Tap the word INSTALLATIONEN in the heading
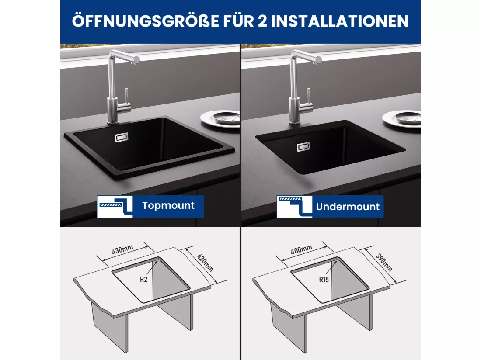pyautogui.click(x=340, y=21)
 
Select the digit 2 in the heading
pyautogui.click(x=262, y=21)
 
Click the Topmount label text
pyautogui.click(x=168, y=205)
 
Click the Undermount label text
pyautogui.click(x=348, y=207)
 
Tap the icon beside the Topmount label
pyautogui.click(x=115, y=207)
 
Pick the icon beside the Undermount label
pyautogui.click(x=294, y=207)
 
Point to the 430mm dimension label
pyautogui.click(x=122, y=250)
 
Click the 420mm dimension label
pyautogui.click(x=205, y=263)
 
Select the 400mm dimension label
pyautogui.click(x=301, y=249)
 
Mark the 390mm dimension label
pyautogui.click(x=384, y=263)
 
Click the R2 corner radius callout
pyautogui.click(x=143, y=280)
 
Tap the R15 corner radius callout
pyautogui.click(x=324, y=280)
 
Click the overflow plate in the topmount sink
pyautogui.click(x=122, y=138)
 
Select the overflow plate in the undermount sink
pyautogui.click(x=303, y=147)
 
